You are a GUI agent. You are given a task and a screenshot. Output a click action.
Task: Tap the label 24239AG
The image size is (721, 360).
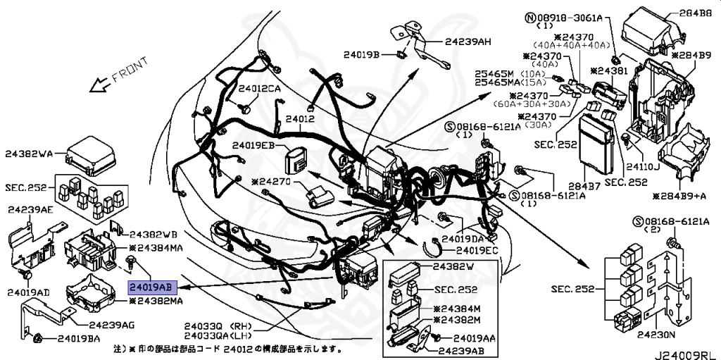click(x=111, y=325)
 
